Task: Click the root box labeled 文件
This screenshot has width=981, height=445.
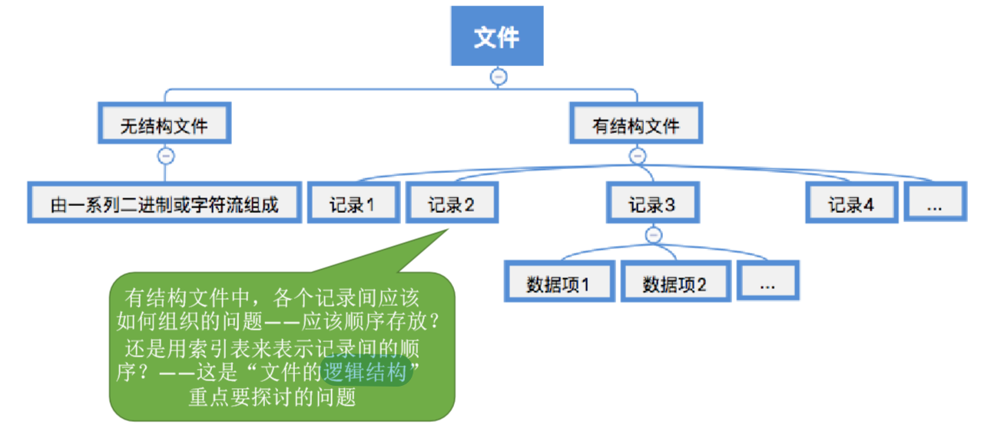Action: pyautogui.click(x=497, y=36)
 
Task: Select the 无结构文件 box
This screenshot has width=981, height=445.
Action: pyautogui.click(x=164, y=125)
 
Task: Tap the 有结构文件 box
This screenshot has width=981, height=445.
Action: pyautogui.click(x=636, y=125)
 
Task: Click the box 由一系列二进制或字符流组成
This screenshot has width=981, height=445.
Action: pyautogui.click(x=164, y=204)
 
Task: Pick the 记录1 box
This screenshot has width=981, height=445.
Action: pyautogui.click(x=353, y=204)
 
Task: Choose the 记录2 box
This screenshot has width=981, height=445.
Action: pyautogui.click(x=451, y=204)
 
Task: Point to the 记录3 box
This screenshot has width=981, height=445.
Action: pyautogui.click(x=652, y=204)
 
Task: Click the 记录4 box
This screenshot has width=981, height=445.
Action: pyautogui.click(x=851, y=204)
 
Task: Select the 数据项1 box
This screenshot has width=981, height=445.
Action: pyautogui.click(x=558, y=283)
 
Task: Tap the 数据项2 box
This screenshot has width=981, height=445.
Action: pyautogui.click(x=674, y=283)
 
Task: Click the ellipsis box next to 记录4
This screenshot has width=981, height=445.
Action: pyautogui.click(x=934, y=204)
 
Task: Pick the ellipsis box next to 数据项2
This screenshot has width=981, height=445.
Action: pyautogui.click(x=767, y=283)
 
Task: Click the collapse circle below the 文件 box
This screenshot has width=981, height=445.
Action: pyautogui.click(x=499, y=76)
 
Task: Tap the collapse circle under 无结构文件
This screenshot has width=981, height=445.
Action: pyautogui.click(x=165, y=156)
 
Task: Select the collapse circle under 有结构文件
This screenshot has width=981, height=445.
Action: pyautogui.click(x=638, y=156)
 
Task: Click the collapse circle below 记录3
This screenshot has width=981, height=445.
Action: pyautogui.click(x=654, y=235)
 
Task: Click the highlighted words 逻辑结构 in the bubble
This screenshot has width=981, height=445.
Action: pyautogui.click(x=364, y=374)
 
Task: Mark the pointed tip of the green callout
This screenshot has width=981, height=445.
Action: pyautogui.click(x=448, y=228)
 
